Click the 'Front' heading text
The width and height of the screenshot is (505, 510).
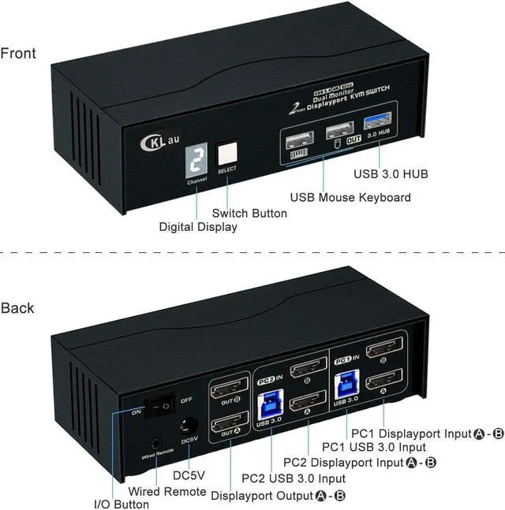(18, 54)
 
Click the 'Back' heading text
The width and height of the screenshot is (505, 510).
(17, 307)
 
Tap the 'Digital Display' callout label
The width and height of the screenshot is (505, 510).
(198, 227)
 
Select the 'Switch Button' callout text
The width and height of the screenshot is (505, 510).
(249, 213)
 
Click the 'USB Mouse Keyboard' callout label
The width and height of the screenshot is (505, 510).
(350, 197)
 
